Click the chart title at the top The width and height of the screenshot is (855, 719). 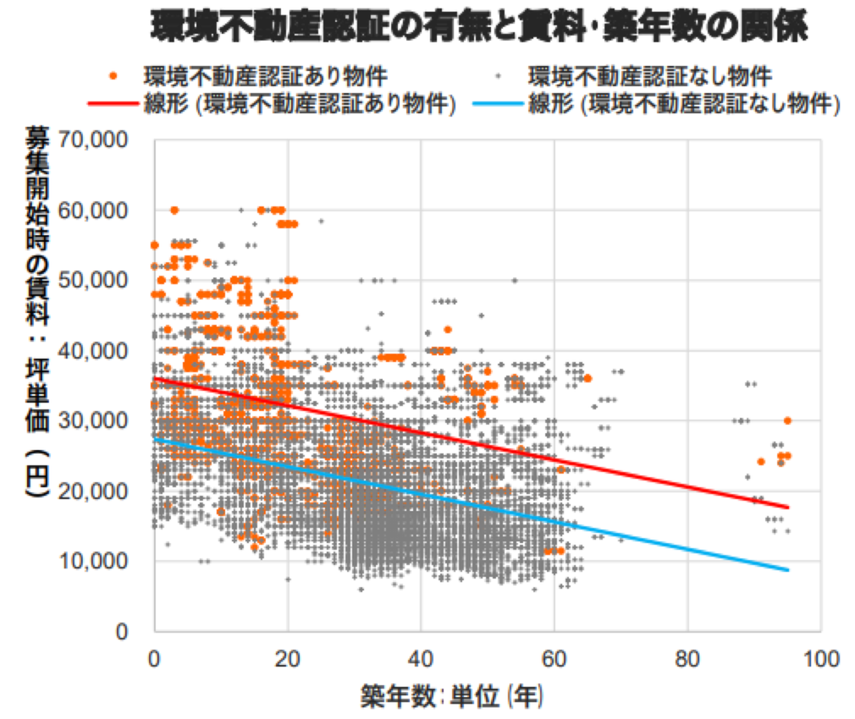click(479, 28)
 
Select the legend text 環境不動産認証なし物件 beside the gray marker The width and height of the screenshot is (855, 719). click(650, 75)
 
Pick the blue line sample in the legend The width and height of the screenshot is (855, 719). click(498, 106)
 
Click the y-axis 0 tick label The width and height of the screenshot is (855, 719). click(124, 631)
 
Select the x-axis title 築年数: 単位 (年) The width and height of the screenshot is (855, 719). click(453, 696)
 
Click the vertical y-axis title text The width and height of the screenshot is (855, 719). click(36, 313)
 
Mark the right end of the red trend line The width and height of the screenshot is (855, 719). click(787, 507)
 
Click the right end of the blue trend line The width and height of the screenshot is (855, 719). click(787, 569)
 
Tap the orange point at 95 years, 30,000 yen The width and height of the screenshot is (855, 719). click(787, 420)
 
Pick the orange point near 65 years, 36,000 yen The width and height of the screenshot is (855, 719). click(587, 378)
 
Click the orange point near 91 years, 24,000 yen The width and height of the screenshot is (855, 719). click(760, 462)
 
